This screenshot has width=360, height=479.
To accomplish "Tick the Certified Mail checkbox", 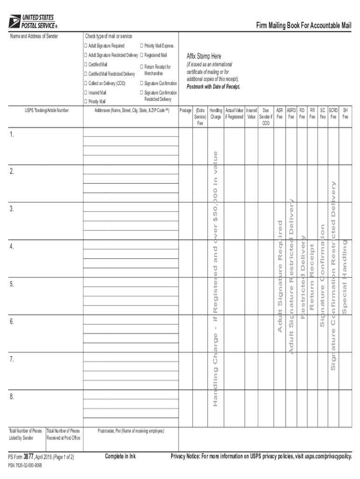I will point(86,64).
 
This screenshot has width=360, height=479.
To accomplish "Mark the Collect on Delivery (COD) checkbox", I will point(86,83).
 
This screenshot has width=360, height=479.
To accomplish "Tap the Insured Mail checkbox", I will point(86,93).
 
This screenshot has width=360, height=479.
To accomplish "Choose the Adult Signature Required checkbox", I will point(86,46).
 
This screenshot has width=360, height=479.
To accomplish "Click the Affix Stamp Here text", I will point(204,57).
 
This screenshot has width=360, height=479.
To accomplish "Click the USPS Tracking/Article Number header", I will point(47,111).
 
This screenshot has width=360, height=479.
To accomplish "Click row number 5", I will point(12,284).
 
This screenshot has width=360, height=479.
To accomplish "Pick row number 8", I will point(12,397).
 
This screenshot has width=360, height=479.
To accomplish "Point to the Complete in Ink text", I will point(120,457).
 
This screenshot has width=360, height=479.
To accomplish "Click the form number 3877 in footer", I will point(29,457).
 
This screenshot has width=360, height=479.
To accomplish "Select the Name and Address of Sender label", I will point(34,36).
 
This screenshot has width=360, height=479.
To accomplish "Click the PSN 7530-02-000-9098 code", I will point(25,466).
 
